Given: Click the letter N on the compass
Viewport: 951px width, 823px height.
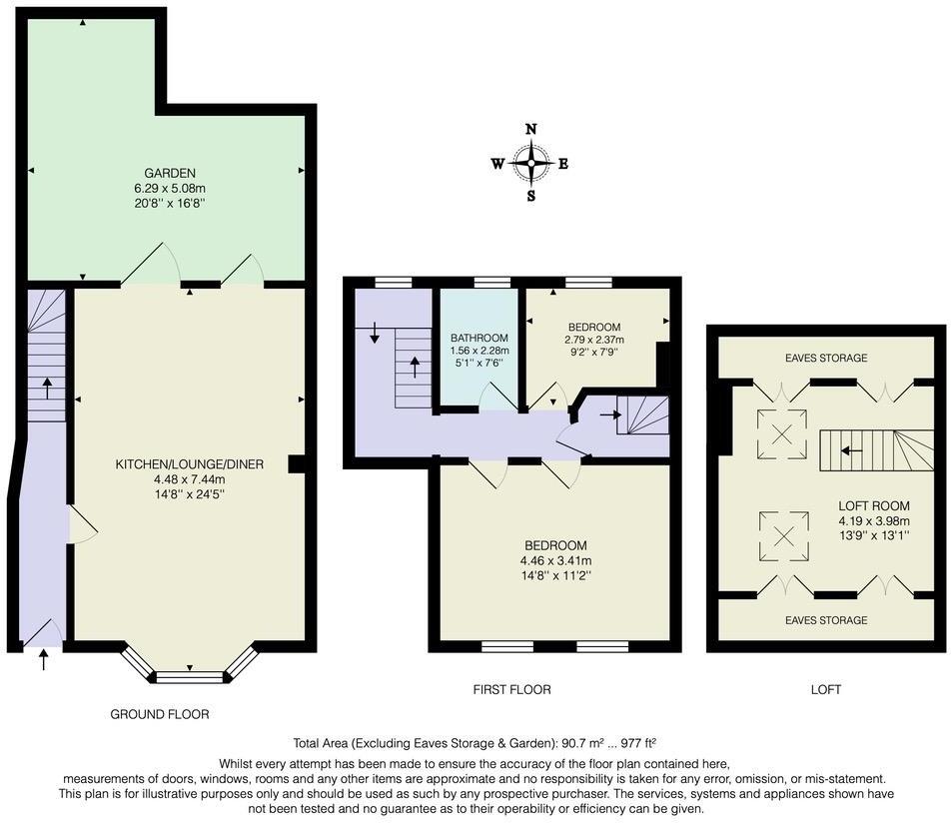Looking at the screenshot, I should click(531, 129).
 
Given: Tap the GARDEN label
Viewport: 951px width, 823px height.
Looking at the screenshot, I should click(170, 173).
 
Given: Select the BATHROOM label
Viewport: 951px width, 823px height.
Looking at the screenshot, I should click(479, 338).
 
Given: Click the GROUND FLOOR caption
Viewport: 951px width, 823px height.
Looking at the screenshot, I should click(161, 714).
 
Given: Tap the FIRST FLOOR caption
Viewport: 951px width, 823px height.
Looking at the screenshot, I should click(511, 689).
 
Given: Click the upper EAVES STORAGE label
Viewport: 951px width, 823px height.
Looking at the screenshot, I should click(826, 358).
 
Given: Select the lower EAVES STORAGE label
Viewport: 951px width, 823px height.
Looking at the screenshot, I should click(826, 620).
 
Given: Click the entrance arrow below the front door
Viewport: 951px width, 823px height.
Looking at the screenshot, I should click(43, 659).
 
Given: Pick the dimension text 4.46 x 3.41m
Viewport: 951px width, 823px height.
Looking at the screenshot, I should click(555, 560).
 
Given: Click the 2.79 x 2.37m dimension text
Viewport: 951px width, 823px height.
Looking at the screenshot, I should click(594, 340).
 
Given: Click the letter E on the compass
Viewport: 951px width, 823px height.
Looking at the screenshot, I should click(563, 164).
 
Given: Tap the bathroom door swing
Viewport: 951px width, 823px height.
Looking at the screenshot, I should click(496, 399).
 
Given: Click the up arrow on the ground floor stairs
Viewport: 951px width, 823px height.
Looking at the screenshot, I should click(46, 387).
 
